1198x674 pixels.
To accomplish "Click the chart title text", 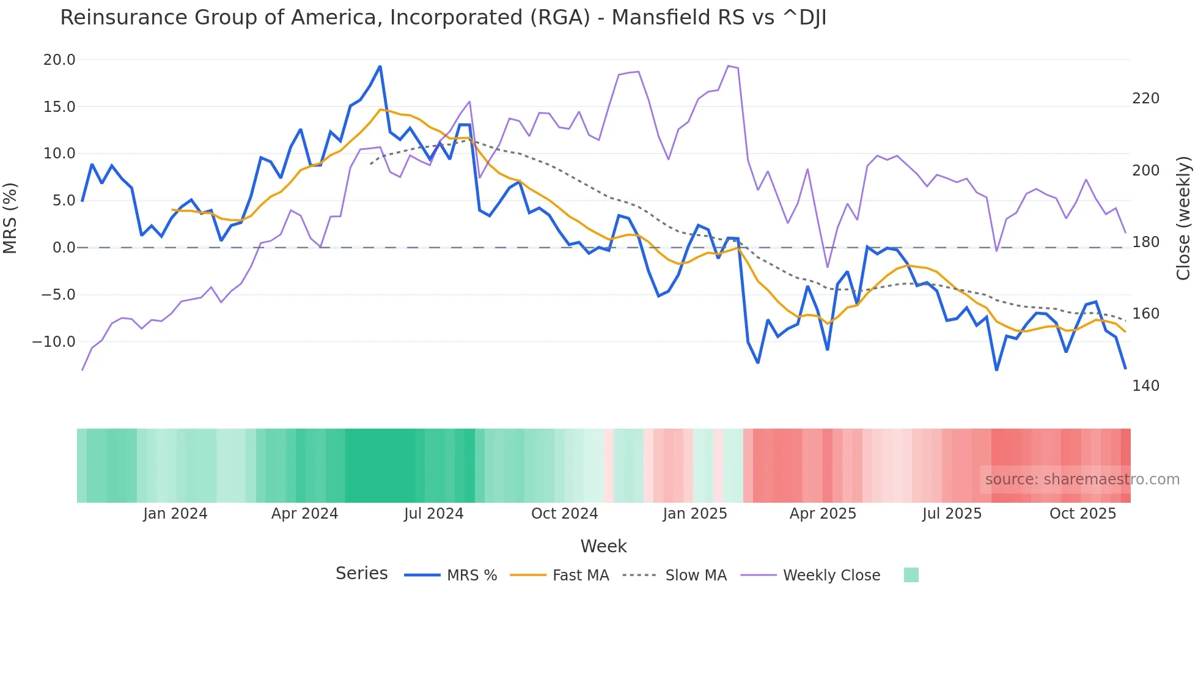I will point(443,18).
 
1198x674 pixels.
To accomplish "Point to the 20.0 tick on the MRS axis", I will point(59,60).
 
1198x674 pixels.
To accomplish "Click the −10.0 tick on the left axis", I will point(54,342).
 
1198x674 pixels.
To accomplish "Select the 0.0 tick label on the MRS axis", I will point(64,248).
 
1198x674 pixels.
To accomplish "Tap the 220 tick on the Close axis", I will point(1145,98).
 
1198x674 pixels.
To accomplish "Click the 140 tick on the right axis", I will point(1145,386).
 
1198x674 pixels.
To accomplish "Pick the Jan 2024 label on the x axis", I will point(175,514).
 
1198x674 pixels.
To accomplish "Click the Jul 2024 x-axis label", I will point(434,514).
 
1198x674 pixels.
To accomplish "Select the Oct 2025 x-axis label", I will point(1082,514).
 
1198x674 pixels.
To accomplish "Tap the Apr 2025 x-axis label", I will point(823,514).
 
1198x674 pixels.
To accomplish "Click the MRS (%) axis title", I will point(10,218).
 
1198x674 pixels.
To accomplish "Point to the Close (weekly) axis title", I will point(1183,218).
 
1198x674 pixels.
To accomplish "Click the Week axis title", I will point(603,546).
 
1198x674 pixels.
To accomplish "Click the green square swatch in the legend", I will point(911,575).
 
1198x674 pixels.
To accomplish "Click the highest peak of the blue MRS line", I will point(380,67).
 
